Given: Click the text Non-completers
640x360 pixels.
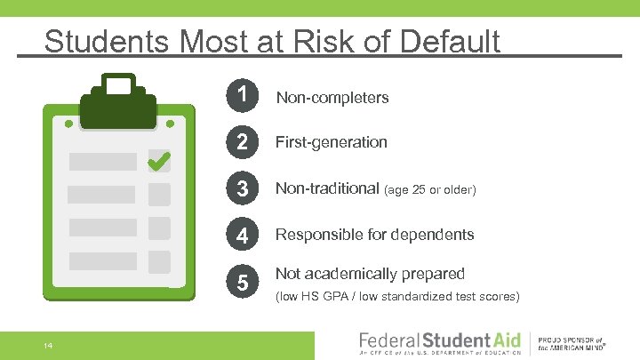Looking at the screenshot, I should pos(332,98).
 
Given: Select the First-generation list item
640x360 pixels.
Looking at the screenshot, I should pos(332,142).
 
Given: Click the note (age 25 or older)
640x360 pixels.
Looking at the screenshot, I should pos(430,189).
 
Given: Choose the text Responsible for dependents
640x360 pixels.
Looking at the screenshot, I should pos(374,236).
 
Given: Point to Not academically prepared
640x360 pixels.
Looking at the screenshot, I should pos(370,274).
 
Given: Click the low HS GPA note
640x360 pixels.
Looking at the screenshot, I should pos(396,296).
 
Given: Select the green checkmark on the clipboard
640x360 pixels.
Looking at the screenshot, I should pos(159,161).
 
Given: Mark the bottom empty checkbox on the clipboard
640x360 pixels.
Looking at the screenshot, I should pos(159,261).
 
